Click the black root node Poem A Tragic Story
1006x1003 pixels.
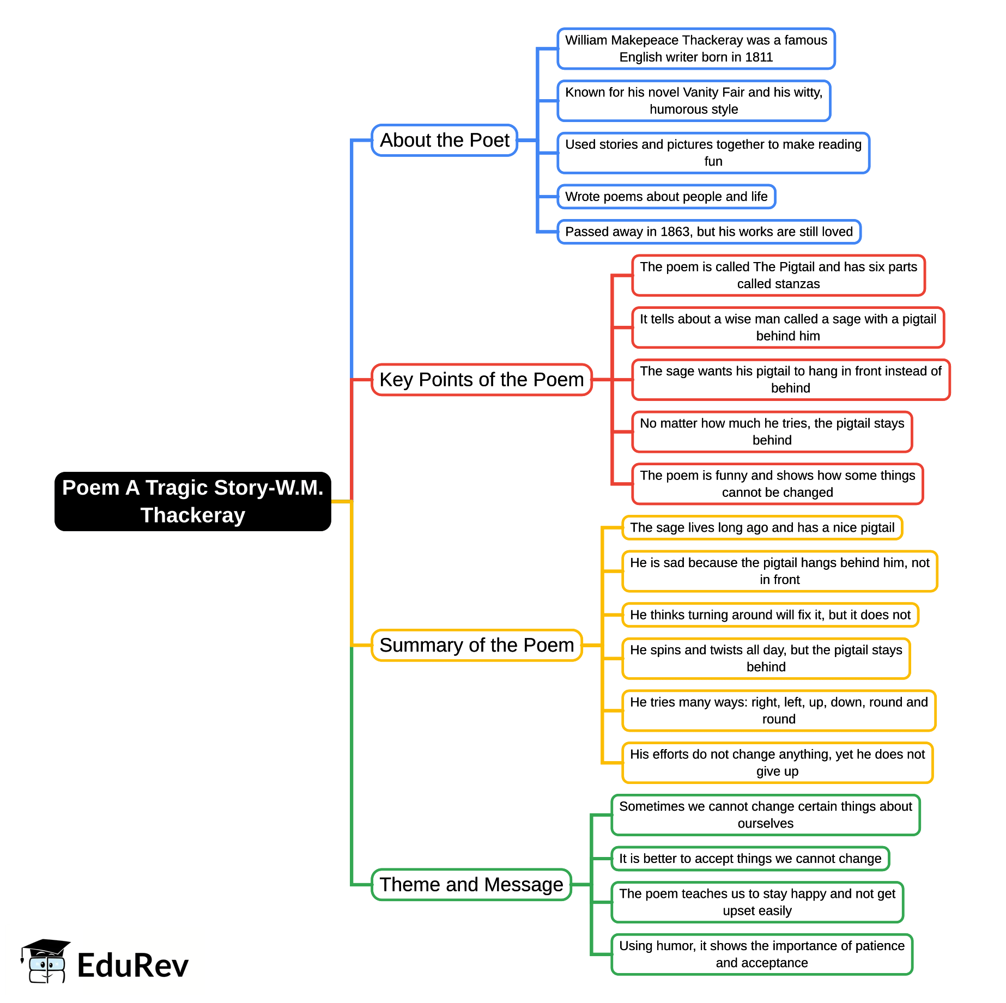192,501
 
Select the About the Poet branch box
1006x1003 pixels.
444,141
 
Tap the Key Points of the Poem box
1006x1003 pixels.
481,380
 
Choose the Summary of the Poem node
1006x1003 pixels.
476,645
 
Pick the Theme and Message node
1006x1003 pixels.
471,884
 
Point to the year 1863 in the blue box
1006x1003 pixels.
675,232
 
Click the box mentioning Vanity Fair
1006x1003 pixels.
693,101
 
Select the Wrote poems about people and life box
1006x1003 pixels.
666,197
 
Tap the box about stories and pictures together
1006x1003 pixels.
713,153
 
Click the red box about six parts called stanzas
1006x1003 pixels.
778,275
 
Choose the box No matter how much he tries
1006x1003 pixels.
772,431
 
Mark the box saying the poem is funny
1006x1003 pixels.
777,484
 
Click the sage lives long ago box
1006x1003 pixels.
762,527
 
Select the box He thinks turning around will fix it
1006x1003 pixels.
769,615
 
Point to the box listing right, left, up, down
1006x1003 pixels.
778,710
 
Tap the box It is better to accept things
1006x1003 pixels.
750,859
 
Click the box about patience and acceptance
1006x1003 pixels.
761,954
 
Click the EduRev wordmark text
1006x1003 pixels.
132,965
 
